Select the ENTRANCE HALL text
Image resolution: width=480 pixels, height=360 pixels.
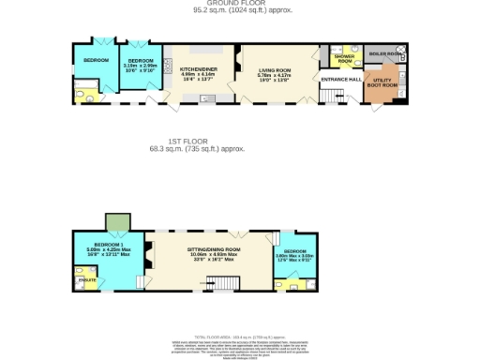tap(340, 80)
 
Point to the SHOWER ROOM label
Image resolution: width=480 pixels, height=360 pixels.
tap(344, 58)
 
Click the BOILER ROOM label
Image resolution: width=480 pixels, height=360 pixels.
tap(384, 54)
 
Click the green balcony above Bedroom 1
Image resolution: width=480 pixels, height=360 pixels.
tap(114, 220)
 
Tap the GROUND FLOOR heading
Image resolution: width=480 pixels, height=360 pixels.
tap(239, 3)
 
